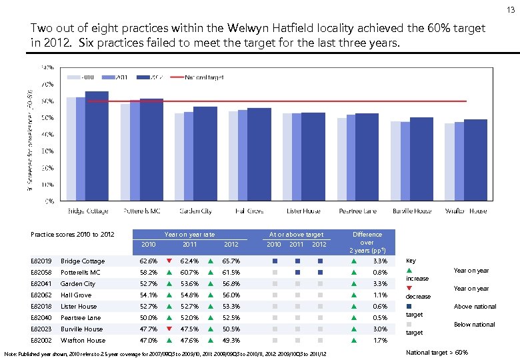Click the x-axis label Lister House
pos(303,211)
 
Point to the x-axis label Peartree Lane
pos(357,211)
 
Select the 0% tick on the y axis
pos(49,201)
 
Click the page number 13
pos(510,9)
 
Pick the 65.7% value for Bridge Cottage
pos(230,261)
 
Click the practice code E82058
pos(41,273)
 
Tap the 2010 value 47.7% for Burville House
pos(149,329)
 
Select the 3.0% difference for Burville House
pos(381,329)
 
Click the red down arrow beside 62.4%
pos(169,261)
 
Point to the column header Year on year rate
pos(189,235)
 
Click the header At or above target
pos(296,235)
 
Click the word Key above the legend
pos(411,261)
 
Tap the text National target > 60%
pos(437,352)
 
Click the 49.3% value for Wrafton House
pos(230,340)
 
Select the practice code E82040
pos(41,317)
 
